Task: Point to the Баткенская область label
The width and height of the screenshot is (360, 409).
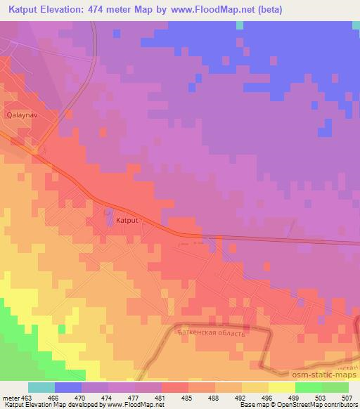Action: coord(210,333)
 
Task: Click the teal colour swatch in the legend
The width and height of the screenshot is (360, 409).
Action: coord(41,387)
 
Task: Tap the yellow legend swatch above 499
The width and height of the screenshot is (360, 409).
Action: coord(282,387)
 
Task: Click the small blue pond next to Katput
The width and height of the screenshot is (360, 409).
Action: coord(108,212)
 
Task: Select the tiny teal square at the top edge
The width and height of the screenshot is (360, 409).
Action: coord(240,25)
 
